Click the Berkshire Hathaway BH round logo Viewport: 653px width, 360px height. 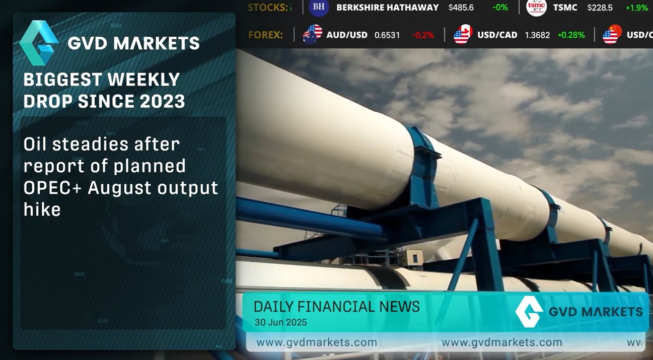tap(319, 7)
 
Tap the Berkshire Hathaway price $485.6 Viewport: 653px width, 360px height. tap(461, 8)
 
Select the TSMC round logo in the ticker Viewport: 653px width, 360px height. tap(536, 7)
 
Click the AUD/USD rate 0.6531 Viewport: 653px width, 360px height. tap(387, 35)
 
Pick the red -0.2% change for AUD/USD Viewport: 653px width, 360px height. tap(423, 35)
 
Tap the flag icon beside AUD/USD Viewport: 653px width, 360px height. tap(313, 34)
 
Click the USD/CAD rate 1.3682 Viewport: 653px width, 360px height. tap(537, 35)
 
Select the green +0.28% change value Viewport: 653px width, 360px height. tap(571, 35)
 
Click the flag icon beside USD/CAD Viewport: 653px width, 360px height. tap(463, 34)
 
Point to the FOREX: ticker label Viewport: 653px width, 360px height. tap(265, 35)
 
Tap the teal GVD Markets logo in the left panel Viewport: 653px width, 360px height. tap(38, 43)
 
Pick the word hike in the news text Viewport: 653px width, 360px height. tap(42, 209)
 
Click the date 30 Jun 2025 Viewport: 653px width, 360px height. tap(280, 322)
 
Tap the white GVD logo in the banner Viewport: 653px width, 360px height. tap(529, 312)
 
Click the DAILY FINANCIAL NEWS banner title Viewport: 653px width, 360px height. tap(336, 307)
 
